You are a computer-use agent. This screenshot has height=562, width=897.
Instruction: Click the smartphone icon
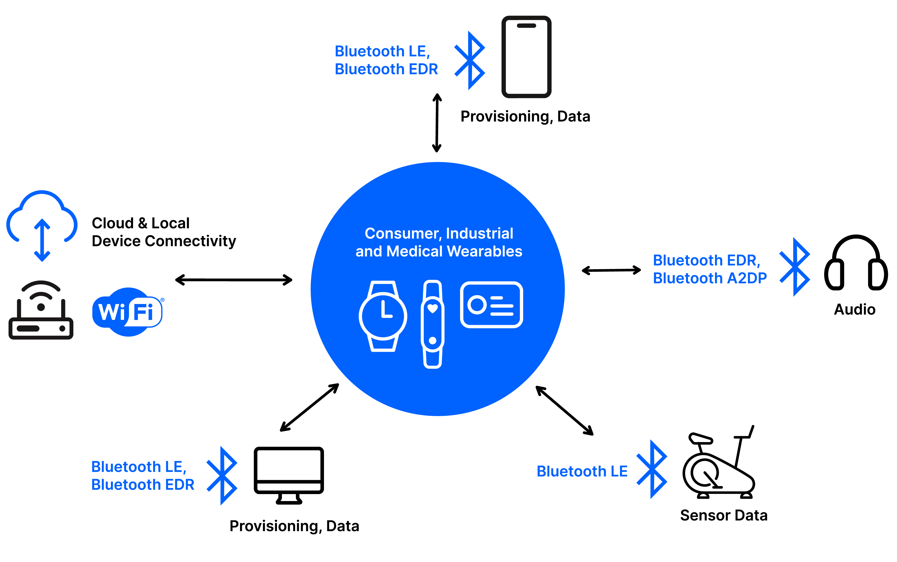click(526, 57)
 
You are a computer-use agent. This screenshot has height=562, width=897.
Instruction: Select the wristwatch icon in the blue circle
click(383, 316)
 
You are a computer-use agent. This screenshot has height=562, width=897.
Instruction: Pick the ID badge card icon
click(491, 305)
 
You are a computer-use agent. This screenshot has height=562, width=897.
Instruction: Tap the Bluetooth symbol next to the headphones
click(794, 267)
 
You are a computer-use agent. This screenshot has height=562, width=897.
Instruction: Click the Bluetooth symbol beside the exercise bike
click(652, 469)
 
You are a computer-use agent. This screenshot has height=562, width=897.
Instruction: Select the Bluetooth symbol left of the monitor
click(222, 475)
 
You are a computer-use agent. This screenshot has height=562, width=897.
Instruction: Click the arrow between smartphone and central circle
click(437, 123)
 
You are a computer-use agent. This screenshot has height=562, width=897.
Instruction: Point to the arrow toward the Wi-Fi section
click(234, 280)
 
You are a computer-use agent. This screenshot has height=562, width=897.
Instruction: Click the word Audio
click(854, 309)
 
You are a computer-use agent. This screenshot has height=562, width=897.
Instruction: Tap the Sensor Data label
click(723, 515)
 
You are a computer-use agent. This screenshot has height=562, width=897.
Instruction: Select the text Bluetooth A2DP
click(710, 278)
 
